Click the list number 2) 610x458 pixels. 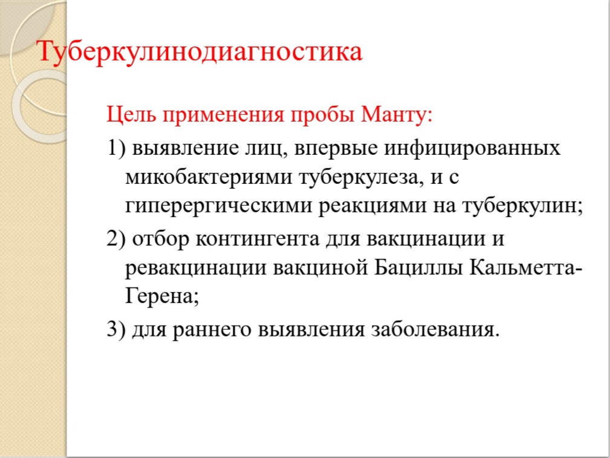coord(116,239)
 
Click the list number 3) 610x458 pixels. coord(116,330)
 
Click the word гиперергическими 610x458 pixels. coord(219,207)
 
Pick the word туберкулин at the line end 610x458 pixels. coord(519,206)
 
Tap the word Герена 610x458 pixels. coord(159,297)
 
